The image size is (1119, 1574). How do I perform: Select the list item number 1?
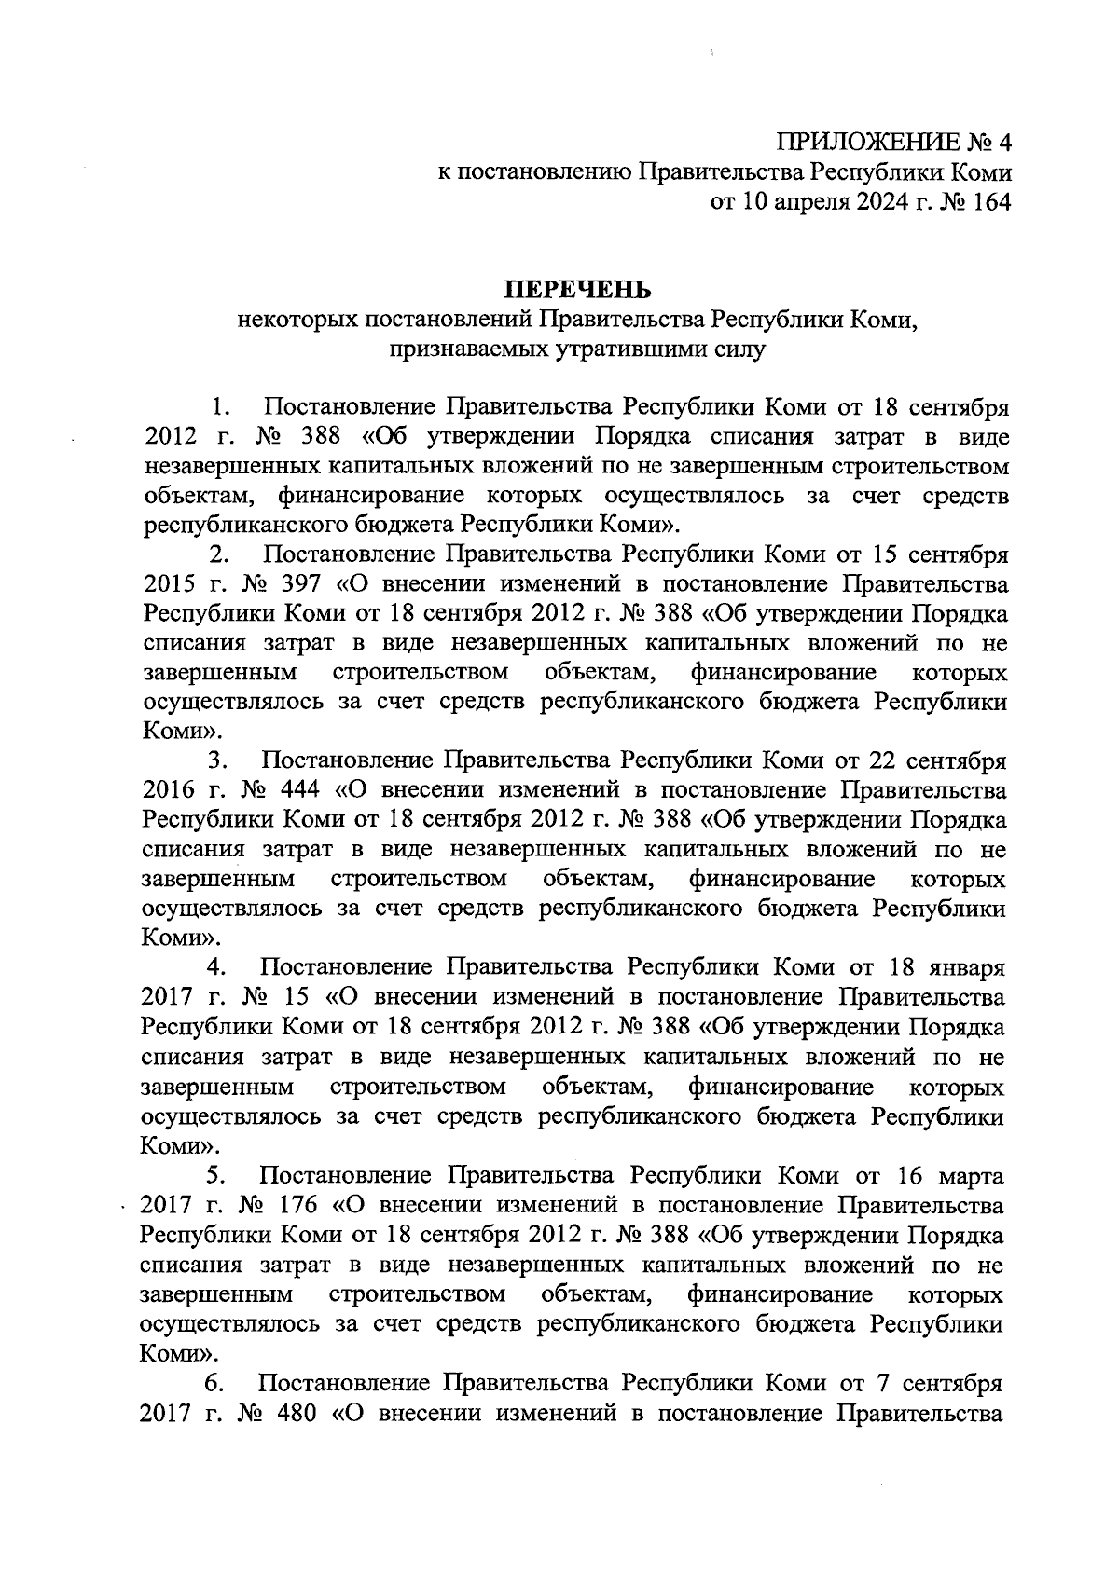(x=221, y=407)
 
